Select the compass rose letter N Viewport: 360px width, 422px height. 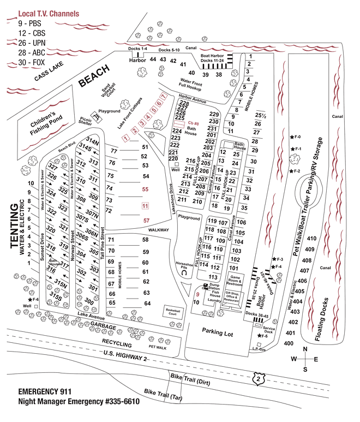[x=306, y=349]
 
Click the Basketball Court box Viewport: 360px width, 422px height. [x=173, y=312]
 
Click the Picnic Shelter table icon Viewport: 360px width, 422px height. [x=97, y=116]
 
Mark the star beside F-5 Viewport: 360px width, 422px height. [x=258, y=336]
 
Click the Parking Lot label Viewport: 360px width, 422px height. [x=217, y=331]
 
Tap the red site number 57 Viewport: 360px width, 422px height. [x=146, y=220]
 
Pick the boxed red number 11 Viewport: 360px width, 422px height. [x=145, y=206]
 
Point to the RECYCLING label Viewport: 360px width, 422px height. [x=116, y=344]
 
